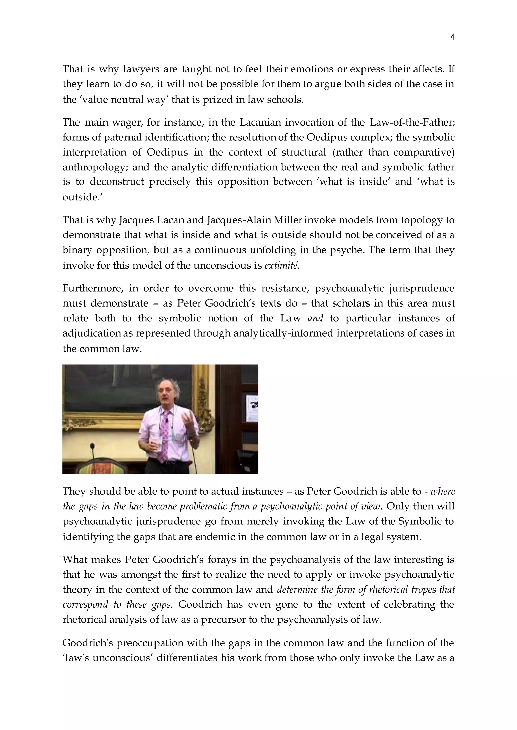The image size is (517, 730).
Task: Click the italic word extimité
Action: (x=282, y=265)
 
